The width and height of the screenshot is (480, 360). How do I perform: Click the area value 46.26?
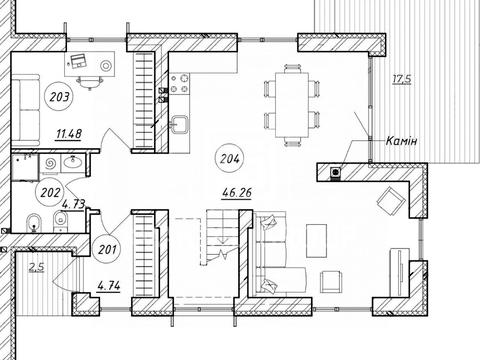[237, 193]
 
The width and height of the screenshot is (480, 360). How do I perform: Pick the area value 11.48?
[69, 134]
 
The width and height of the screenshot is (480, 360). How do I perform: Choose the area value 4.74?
[109, 286]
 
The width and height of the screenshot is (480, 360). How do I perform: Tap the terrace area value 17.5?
[402, 80]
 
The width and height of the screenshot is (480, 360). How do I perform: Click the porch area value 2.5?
[37, 267]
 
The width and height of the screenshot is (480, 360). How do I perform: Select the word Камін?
[401, 141]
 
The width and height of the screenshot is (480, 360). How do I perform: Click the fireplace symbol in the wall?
[336, 172]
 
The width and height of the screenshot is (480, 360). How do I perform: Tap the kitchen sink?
[180, 125]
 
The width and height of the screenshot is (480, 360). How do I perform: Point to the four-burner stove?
[180, 84]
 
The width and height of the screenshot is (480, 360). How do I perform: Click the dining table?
[292, 105]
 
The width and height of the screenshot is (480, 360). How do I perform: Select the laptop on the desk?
[78, 61]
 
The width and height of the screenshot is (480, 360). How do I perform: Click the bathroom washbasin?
[73, 163]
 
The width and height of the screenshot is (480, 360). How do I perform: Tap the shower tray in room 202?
[25, 168]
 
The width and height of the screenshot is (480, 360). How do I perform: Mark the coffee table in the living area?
[316, 241]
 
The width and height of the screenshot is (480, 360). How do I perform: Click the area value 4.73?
[74, 204]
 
